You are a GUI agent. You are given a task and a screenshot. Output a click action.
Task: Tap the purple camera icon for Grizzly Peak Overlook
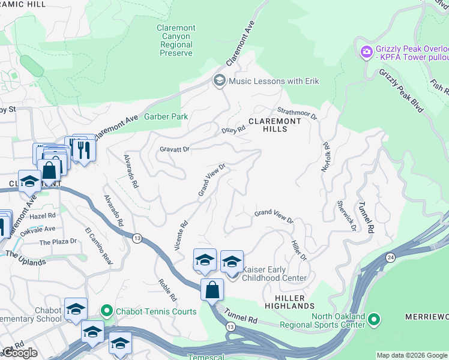click(x=366, y=52)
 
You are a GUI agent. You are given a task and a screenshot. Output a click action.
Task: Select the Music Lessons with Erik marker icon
click(x=219, y=81)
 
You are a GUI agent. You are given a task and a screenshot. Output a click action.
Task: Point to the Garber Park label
click(x=166, y=117)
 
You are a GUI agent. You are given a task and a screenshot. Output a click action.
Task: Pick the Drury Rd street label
click(x=234, y=129)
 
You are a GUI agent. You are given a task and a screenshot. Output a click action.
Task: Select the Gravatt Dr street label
click(x=175, y=149)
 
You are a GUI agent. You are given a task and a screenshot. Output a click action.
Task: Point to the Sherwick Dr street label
click(x=346, y=216)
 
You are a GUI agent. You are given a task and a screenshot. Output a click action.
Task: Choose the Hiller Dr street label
click(x=298, y=250)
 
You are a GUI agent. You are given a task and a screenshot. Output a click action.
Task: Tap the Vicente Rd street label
click(x=181, y=235)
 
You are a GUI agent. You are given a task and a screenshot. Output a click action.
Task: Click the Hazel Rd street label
click(x=44, y=215)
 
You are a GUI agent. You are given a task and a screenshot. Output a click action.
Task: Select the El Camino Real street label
click(x=99, y=246)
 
